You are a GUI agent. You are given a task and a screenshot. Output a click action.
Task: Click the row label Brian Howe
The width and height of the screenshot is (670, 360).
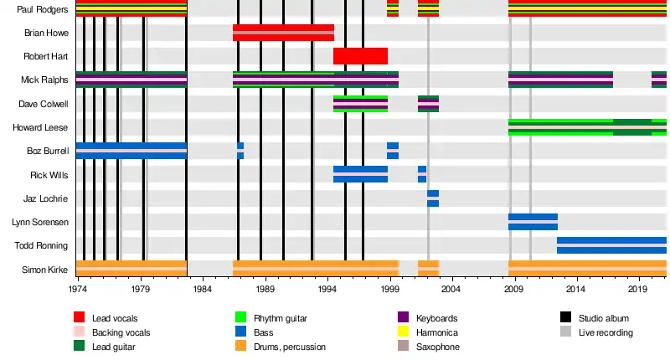coord(47,33)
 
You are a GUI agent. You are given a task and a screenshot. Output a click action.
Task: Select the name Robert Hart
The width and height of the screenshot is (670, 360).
coord(47,57)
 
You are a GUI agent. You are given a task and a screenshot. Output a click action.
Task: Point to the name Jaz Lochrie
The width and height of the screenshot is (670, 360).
coord(48,198)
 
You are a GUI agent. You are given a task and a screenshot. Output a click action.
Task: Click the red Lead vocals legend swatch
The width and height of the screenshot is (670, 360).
coord(80,318)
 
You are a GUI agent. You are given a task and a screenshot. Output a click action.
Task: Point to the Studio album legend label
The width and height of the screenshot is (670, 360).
coord(604,318)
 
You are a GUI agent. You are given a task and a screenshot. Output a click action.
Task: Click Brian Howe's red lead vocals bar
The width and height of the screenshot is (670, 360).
coord(283,33)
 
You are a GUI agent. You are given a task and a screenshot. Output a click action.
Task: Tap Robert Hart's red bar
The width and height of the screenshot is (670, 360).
coord(360,57)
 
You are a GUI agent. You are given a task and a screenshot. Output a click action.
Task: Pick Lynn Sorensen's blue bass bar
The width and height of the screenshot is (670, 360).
coord(533,222)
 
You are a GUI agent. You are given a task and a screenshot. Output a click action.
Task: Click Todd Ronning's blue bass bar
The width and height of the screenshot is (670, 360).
coord(611,245)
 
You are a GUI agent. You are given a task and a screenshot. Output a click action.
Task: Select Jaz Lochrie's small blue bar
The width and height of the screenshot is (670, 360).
coord(433,198)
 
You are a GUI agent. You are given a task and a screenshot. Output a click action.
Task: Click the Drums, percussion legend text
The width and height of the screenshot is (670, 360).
coord(293,347)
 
